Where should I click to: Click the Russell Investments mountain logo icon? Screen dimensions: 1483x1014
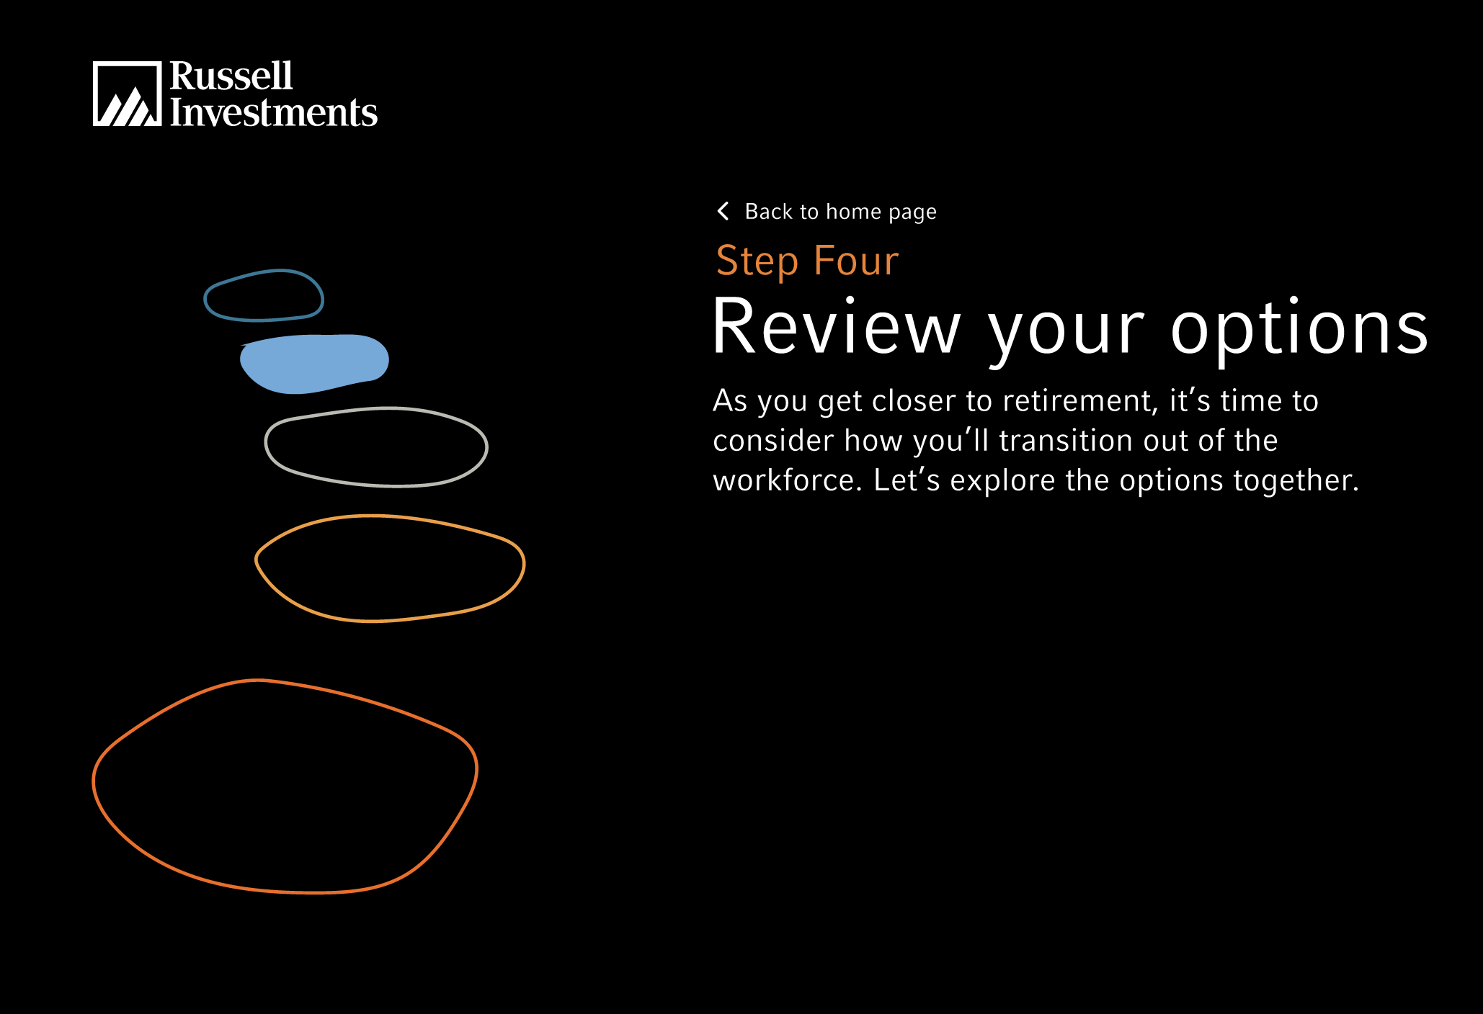127,94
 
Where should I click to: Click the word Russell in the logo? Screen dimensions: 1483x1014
231,76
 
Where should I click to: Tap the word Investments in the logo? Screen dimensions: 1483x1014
274,112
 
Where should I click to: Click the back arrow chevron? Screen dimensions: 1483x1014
723,211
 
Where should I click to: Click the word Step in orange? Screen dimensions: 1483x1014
757,261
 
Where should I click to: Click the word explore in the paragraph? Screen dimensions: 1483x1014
1003,481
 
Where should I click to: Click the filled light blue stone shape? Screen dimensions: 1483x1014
314,364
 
